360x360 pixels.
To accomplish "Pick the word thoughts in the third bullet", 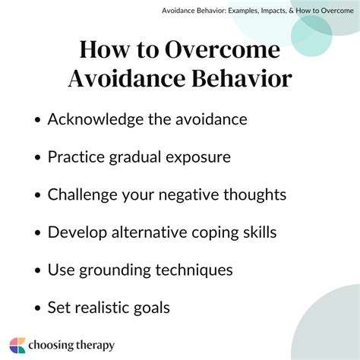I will pyautogui.click(x=254, y=194).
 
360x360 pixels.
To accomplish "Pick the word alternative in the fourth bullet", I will pyautogui.click(x=152, y=232).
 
